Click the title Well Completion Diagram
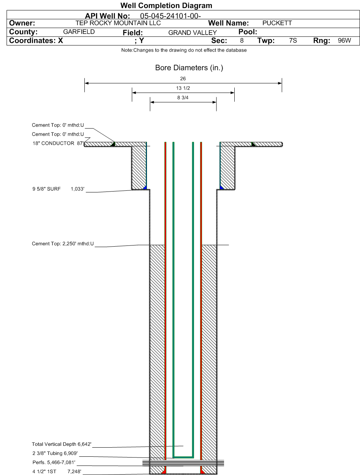pos(166,6)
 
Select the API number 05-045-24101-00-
pos(171,16)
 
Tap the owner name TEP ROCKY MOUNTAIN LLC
pos(118,23)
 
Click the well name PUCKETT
pos(277,23)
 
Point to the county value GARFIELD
pos(79,32)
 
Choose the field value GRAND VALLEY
pos(193,33)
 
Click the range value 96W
pos(344,40)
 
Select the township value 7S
pos(293,40)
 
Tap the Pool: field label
pos(248,32)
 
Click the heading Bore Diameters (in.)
pos(189,68)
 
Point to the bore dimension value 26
pos(183,79)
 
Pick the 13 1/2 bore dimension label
pos(183,88)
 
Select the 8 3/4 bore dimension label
pos(183,98)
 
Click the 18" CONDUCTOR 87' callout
pos(58,143)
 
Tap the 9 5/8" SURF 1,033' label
pos(58,189)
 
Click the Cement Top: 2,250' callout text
pos(63,244)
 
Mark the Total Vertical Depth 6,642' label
pos(62,444)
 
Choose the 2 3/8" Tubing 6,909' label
pos(55,453)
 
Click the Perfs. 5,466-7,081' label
pos(54,462)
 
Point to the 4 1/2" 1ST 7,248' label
pos(57,471)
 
